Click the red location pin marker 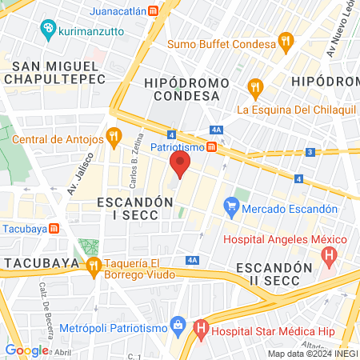pyautogui.click(x=180, y=166)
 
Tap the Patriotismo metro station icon pyautogui.click(x=210, y=146)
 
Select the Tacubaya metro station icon pyautogui.click(x=54, y=227)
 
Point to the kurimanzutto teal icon pyautogui.click(x=47, y=30)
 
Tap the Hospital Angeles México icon pyautogui.click(x=328, y=258)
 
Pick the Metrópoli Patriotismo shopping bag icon pyautogui.click(x=178, y=327)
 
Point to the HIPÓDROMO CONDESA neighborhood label pyautogui.click(x=181, y=89)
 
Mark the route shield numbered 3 pyautogui.click(x=310, y=152)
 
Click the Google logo pyautogui.click(x=26, y=350)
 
